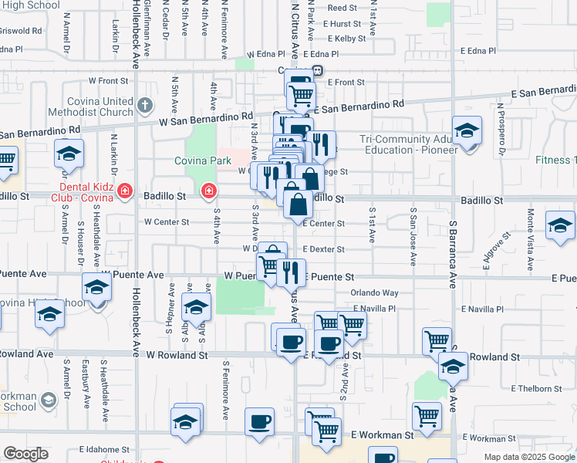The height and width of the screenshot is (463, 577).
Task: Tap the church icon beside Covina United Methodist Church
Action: click(x=144, y=104)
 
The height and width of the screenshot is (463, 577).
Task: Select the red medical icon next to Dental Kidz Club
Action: click(x=123, y=191)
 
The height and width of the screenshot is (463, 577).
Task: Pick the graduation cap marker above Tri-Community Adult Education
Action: click(x=467, y=130)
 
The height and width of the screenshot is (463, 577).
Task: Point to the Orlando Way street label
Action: click(x=374, y=293)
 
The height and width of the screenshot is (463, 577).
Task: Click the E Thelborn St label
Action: click(x=535, y=389)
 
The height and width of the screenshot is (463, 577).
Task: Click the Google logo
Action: click(x=26, y=454)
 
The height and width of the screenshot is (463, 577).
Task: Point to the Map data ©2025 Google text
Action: click(x=528, y=457)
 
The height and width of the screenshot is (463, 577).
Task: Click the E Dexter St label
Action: click(x=323, y=250)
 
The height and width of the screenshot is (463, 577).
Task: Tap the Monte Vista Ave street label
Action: click(x=530, y=240)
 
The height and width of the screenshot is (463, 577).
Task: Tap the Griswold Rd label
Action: click(x=21, y=31)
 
